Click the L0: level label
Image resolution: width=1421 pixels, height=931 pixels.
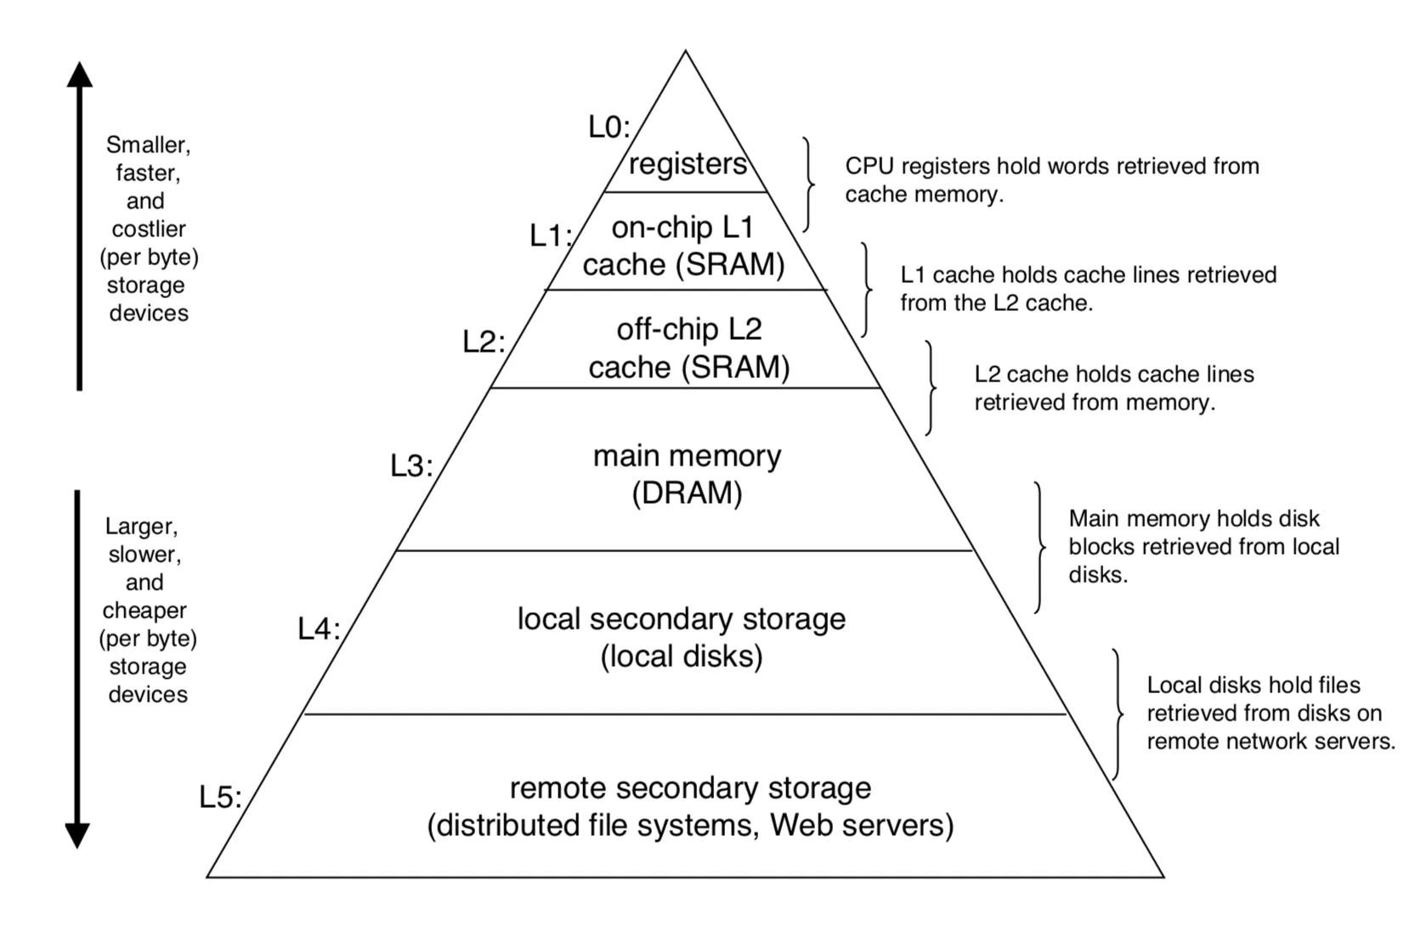pyautogui.click(x=609, y=127)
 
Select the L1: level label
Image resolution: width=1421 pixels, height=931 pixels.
pyautogui.click(x=550, y=235)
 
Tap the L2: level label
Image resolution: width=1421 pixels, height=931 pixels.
pyautogui.click(x=483, y=342)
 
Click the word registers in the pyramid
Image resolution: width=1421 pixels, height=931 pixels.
pyautogui.click(x=688, y=163)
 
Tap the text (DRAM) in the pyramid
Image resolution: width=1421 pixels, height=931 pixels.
pyautogui.click(x=687, y=494)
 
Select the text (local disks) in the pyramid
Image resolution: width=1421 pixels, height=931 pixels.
pyautogui.click(x=682, y=657)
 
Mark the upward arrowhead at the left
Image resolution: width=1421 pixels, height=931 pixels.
pyautogui.click(x=80, y=75)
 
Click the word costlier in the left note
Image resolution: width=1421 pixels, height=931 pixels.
pyautogui.click(x=149, y=229)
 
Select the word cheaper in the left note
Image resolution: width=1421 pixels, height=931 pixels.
pyautogui.click(x=144, y=611)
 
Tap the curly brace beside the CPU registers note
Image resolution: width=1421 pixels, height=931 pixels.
pyautogui.click(x=808, y=184)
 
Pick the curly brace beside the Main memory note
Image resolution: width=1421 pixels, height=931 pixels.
pyautogui.click(x=1039, y=547)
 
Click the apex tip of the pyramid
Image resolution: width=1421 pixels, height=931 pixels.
pyautogui.click(x=686, y=52)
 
